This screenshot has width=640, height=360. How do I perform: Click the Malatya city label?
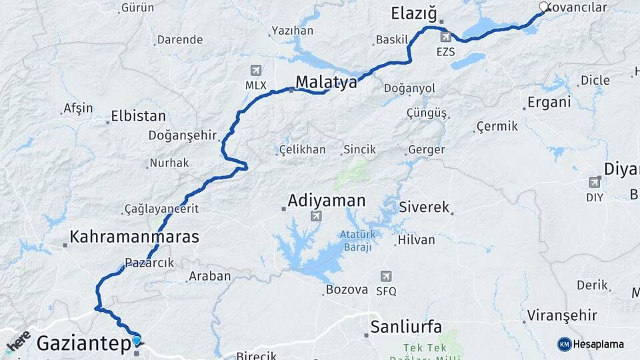[326, 81]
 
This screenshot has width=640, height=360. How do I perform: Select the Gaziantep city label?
[84, 343]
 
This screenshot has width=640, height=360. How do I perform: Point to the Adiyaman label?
[327, 200]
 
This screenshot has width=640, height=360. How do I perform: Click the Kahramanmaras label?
[135, 237]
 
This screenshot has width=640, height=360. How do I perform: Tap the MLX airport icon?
[255, 70]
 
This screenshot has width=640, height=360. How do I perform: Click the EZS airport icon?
[445, 37]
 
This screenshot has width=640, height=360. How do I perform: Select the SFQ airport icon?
[386, 276]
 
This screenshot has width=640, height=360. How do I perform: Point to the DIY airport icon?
[595, 182]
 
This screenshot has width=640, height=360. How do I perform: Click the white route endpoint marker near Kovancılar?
[543, 7]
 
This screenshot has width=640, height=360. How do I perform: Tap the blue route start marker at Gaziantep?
[137, 341]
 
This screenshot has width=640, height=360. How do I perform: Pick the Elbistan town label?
[139, 115]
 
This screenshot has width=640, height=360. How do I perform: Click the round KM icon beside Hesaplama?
[565, 344]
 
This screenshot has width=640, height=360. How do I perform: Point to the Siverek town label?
[424, 207]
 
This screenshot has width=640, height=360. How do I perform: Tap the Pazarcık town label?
[149, 263]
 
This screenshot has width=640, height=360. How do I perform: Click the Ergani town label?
[549, 102]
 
